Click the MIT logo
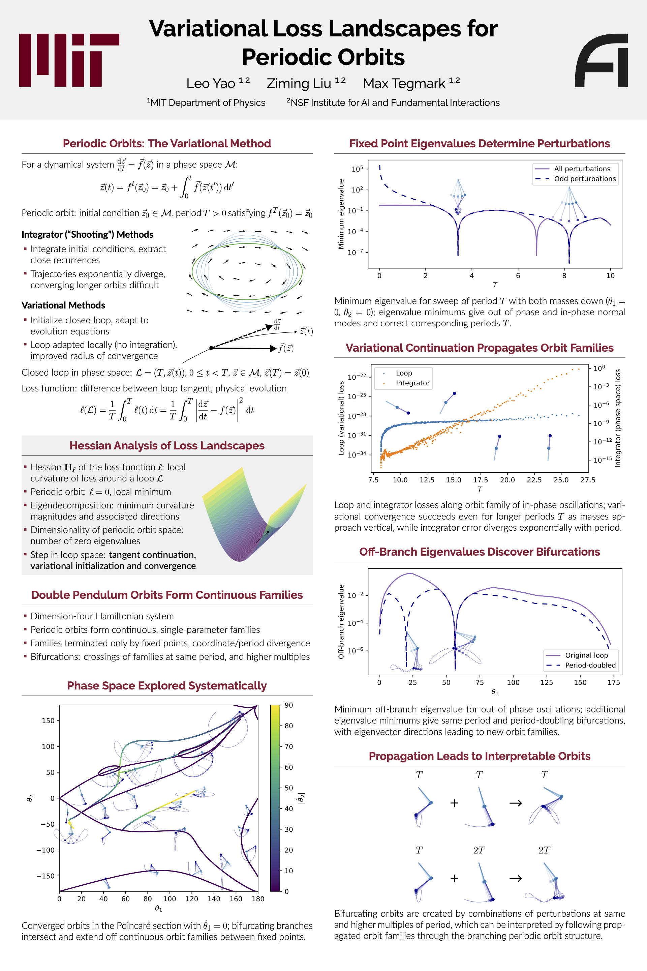coord(69,60)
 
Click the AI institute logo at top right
coord(601,60)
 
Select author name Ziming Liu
coord(299,83)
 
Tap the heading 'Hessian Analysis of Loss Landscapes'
coord(167,445)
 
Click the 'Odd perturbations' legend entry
coord(585,179)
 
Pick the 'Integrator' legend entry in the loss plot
coord(412,383)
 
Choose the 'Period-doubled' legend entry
coord(590,665)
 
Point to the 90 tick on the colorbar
coord(289,705)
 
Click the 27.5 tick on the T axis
coord(588,480)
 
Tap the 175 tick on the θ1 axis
coord(614,682)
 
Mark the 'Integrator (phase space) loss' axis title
coord(618,418)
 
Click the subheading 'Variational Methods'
coord(63,305)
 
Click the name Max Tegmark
coord(404,83)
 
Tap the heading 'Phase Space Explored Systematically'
coord(167,686)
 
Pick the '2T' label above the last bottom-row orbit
coord(544,850)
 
